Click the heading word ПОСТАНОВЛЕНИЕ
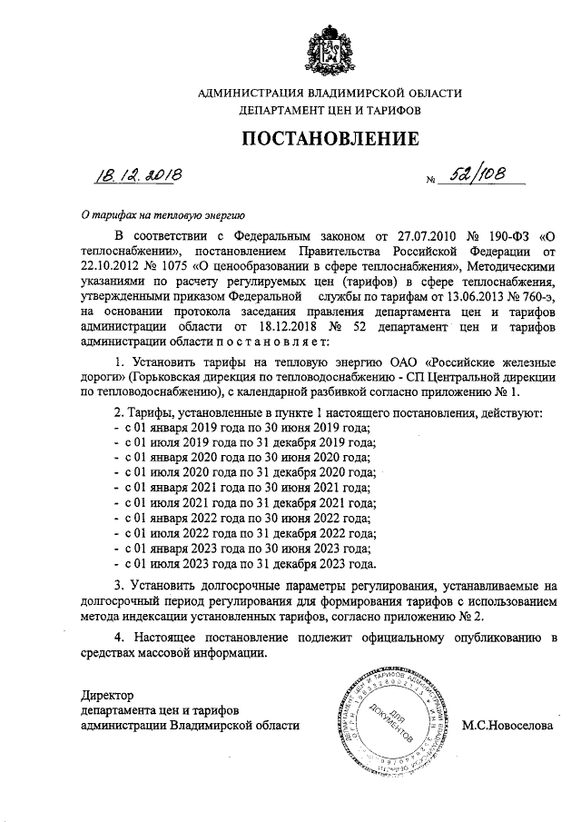[x=330, y=139]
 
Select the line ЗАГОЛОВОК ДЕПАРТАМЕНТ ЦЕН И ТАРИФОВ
[x=330, y=110]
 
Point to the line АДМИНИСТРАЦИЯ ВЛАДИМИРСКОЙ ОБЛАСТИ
[x=330, y=93]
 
